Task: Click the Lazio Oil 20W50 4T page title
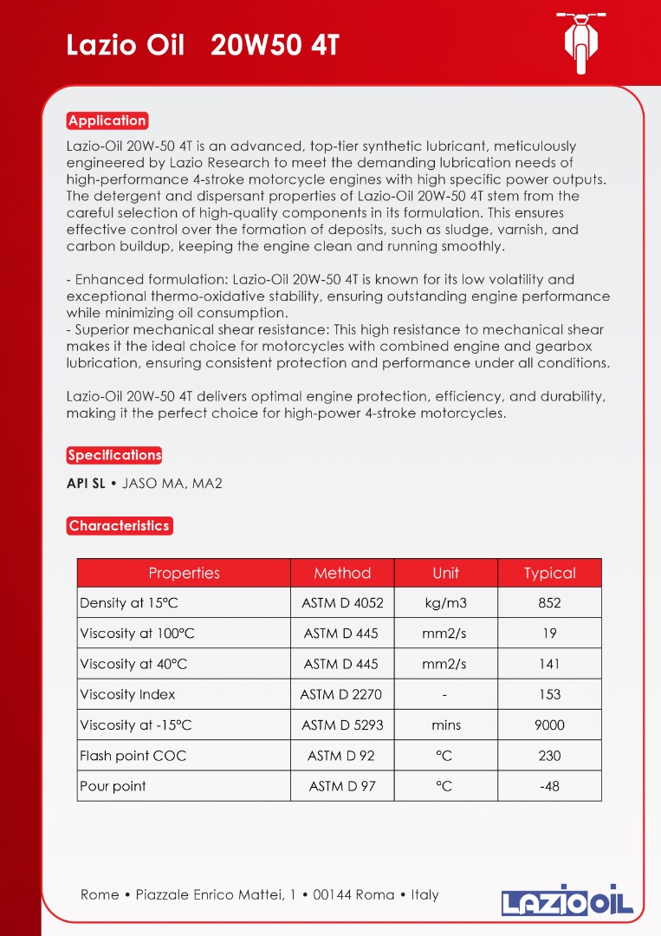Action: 203,45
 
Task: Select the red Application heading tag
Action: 107,120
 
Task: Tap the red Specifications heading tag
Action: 114,455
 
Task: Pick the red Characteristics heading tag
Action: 120,526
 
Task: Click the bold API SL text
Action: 86,484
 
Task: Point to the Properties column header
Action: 184,573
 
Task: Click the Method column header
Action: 342,573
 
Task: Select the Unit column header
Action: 445,573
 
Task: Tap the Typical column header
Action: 549,573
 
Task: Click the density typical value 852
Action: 549,603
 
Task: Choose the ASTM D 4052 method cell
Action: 342,603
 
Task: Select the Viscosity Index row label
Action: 127,694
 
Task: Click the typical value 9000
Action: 549,725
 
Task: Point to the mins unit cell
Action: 445,725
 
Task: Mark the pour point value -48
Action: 549,786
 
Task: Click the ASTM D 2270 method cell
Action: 341,694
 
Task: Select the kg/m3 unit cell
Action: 445,603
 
